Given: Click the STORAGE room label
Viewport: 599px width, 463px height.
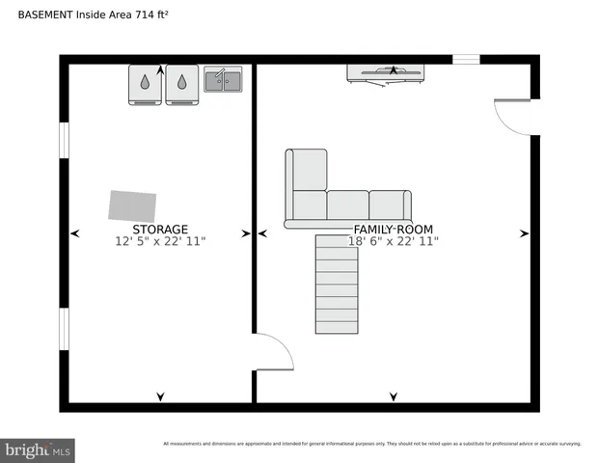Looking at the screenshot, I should pyautogui.click(x=160, y=230).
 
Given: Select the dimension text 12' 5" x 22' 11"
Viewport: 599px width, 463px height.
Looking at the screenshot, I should pyautogui.click(x=160, y=241).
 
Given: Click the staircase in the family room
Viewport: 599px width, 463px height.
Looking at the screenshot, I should pyautogui.click(x=337, y=285).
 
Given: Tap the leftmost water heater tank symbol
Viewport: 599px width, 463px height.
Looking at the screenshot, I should pyautogui.click(x=145, y=84).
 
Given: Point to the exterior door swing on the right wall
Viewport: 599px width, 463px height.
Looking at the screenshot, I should pyautogui.click(x=514, y=117).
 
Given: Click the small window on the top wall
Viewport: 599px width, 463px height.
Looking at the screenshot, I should pyautogui.click(x=467, y=60).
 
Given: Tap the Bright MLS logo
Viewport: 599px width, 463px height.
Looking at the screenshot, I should pyautogui.click(x=38, y=449).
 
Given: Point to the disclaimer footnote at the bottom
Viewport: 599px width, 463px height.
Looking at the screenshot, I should pyautogui.click(x=371, y=444).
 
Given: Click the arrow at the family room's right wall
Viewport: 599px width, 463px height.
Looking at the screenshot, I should pyautogui.click(x=525, y=233).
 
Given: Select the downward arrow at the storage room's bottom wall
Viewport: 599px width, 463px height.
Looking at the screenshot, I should pyautogui.click(x=160, y=396).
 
